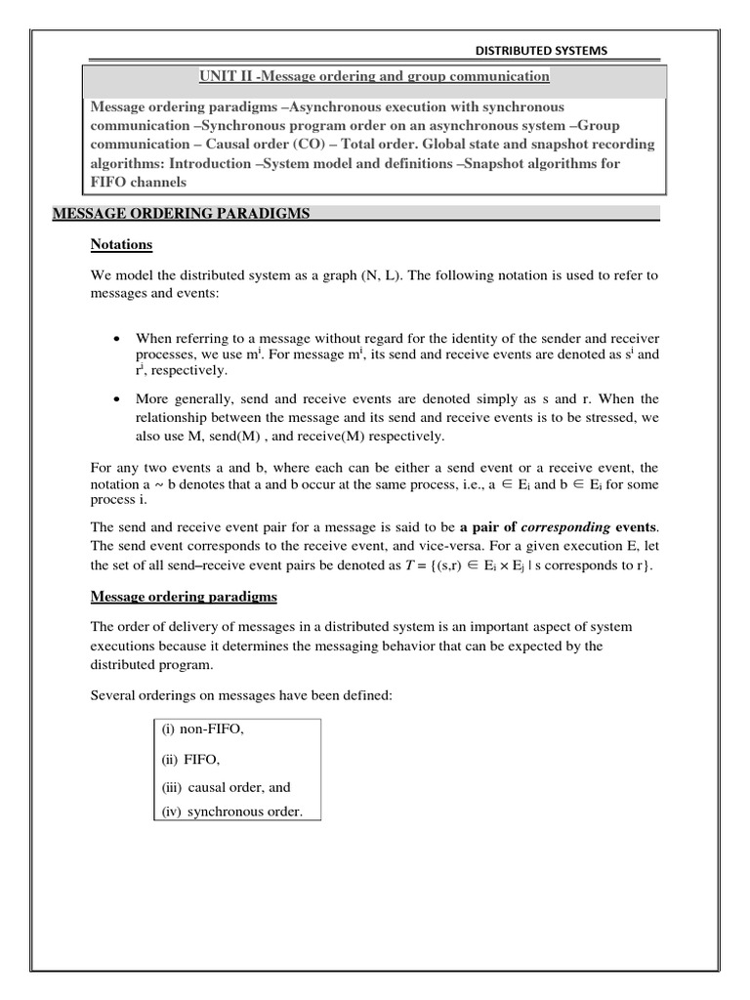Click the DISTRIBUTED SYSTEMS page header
(x=540, y=51)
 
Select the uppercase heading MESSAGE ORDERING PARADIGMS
(x=181, y=214)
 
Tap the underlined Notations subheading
(x=121, y=244)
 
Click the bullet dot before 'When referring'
(x=116, y=337)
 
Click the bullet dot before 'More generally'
(x=116, y=399)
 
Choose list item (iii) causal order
(x=226, y=787)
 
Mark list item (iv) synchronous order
(x=231, y=812)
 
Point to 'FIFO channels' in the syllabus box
(x=138, y=182)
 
